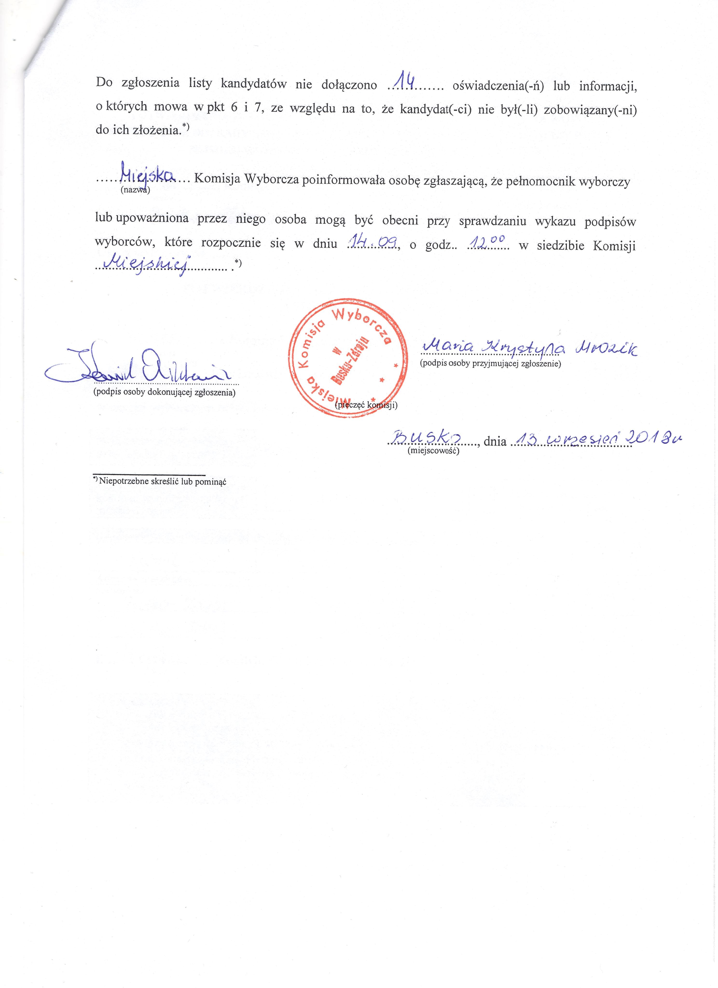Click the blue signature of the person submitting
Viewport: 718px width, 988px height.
[139, 366]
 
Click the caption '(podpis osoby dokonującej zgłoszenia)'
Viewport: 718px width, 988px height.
[165, 392]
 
